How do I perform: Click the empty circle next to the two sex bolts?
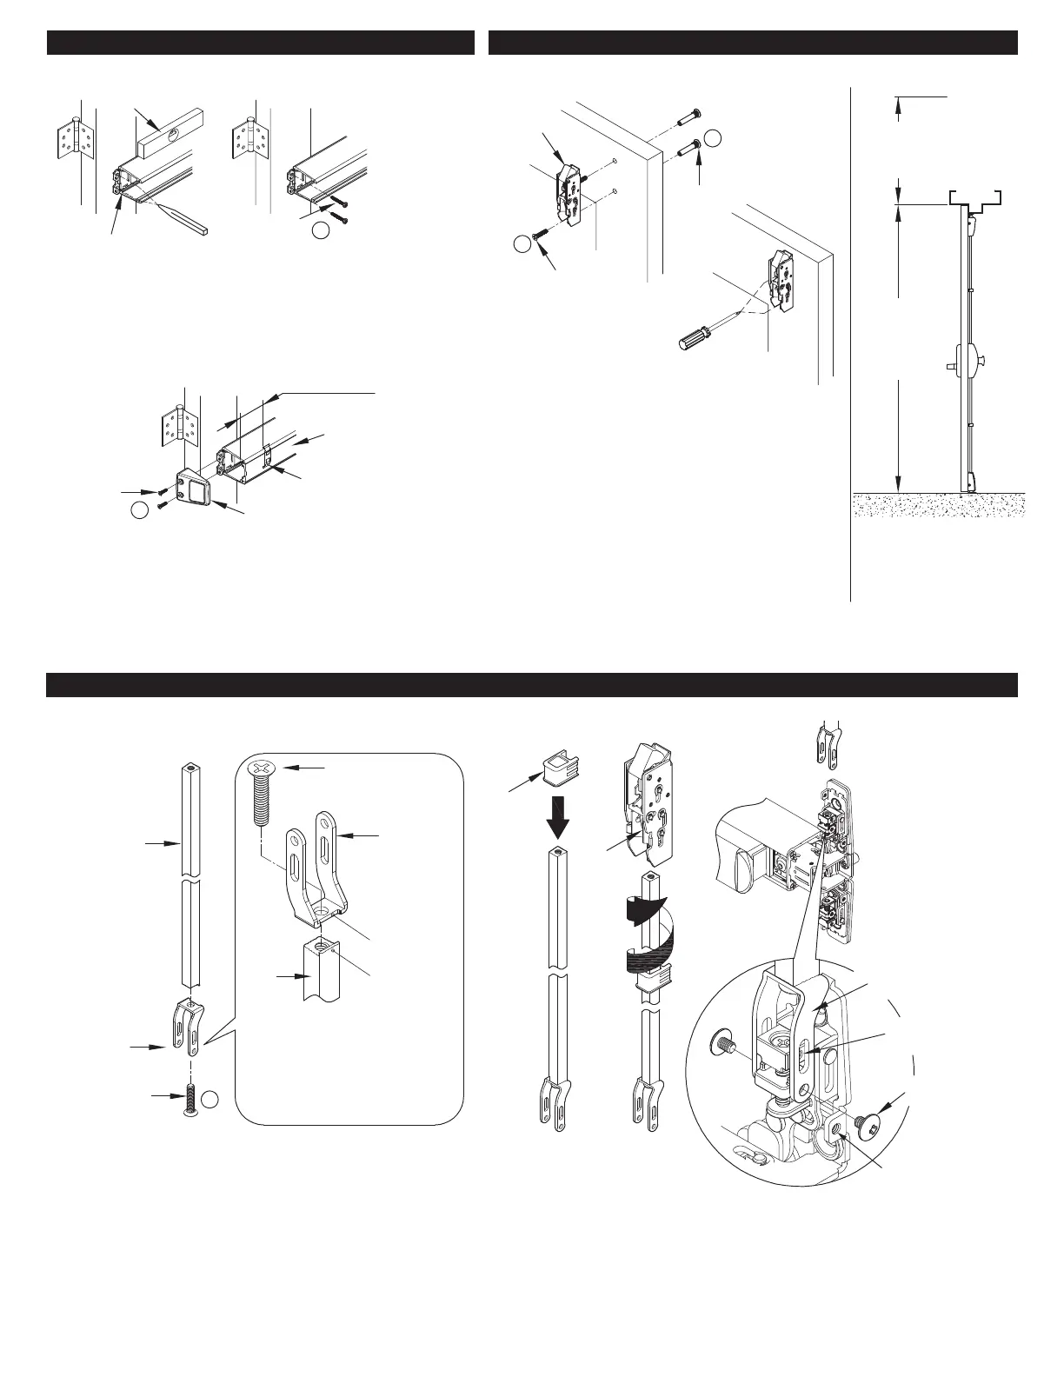714,138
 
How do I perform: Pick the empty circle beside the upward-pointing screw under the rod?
209,1101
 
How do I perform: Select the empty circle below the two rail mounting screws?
322,230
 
